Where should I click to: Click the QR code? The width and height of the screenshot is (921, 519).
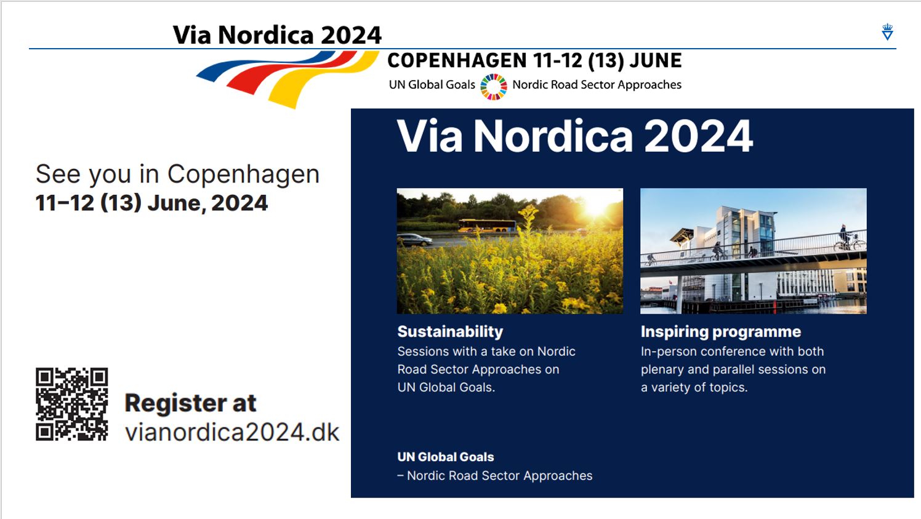click(72, 404)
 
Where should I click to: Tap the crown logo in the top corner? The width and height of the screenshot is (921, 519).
click(887, 32)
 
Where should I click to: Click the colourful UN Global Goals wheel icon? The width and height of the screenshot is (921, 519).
click(493, 86)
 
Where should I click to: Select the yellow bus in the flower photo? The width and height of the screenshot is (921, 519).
click(487, 226)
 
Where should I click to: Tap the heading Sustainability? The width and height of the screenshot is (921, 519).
click(450, 332)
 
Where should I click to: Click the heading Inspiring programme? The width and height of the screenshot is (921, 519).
click(720, 332)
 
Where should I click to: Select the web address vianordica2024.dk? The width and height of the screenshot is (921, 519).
click(232, 432)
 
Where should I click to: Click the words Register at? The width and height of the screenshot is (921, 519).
click(190, 403)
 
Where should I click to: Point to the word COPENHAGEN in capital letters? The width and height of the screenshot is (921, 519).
click(457, 61)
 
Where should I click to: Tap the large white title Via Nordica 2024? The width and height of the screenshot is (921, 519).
click(574, 136)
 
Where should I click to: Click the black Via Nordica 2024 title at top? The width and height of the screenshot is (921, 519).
click(277, 35)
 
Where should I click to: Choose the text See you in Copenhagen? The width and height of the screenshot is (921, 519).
click(177, 174)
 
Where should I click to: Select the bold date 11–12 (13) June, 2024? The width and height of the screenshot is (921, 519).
click(151, 203)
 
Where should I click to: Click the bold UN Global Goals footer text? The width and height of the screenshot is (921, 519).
click(445, 457)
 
